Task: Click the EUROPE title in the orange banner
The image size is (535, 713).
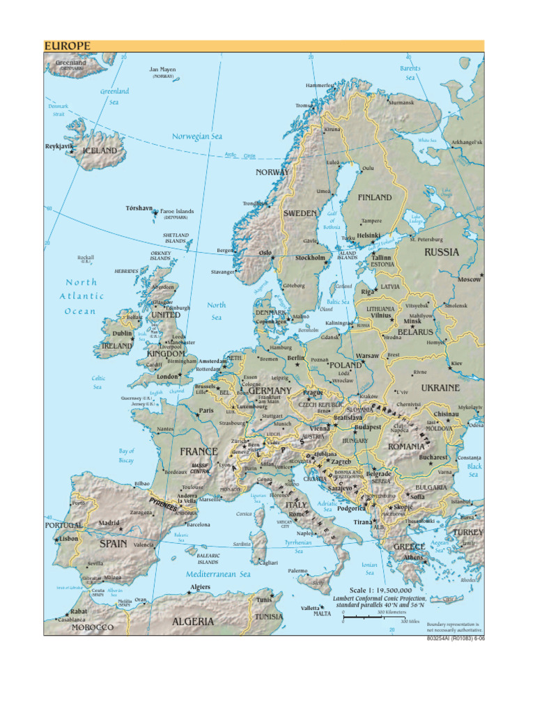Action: pos(68,46)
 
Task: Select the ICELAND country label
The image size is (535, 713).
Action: pos(100,150)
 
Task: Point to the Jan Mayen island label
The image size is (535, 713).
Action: pos(163,70)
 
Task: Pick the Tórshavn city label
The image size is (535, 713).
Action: pos(139,208)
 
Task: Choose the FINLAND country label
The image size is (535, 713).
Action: pos(375,198)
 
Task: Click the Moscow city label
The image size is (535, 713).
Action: pos(469,279)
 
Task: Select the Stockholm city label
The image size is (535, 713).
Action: pos(310,258)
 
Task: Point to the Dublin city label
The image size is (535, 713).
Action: pos(122,334)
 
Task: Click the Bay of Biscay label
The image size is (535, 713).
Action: pos(126,455)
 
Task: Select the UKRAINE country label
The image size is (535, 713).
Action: pos(440,387)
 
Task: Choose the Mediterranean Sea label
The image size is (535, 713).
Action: pos(218,574)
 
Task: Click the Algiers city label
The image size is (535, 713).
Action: pos(200,587)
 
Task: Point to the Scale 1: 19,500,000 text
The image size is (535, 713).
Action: pos(380,590)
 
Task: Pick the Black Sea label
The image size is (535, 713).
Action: pos(474,470)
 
